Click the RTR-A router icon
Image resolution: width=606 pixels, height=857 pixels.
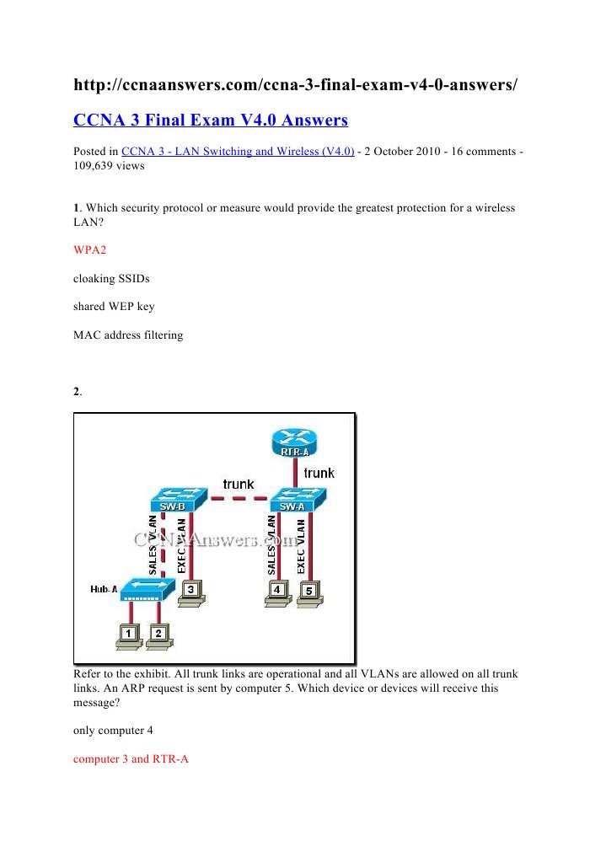[294, 442]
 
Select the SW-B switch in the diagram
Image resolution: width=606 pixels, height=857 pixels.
[180, 500]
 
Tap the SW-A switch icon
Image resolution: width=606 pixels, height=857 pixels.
[298, 500]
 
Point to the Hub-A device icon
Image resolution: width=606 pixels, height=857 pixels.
[147, 589]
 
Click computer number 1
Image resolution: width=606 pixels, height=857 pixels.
[129, 636]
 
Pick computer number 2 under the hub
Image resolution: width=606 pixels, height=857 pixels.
[159, 636]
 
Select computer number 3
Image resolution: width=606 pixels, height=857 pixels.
[191, 593]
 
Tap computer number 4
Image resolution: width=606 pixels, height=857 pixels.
[277, 593]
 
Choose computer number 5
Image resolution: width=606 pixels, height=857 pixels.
[310, 593]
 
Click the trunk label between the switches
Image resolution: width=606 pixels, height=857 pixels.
[239, 485]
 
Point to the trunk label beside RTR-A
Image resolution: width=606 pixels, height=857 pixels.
[319, 473]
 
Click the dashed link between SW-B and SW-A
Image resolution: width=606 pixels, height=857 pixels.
[239, 499]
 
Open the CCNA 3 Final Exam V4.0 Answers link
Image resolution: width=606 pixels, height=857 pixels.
[211, 120]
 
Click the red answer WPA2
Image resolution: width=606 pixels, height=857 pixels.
[89, 249]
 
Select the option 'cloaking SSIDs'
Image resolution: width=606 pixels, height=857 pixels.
[111, 278]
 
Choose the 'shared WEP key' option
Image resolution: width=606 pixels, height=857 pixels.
[114, 307]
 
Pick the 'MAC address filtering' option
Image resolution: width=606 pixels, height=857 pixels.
[128, 335]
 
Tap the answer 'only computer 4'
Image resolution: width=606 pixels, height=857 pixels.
[113, 731]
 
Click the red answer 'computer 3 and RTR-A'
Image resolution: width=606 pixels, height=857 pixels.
[131, 758]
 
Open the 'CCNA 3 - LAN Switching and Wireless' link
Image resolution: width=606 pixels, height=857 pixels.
[238, 152]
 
